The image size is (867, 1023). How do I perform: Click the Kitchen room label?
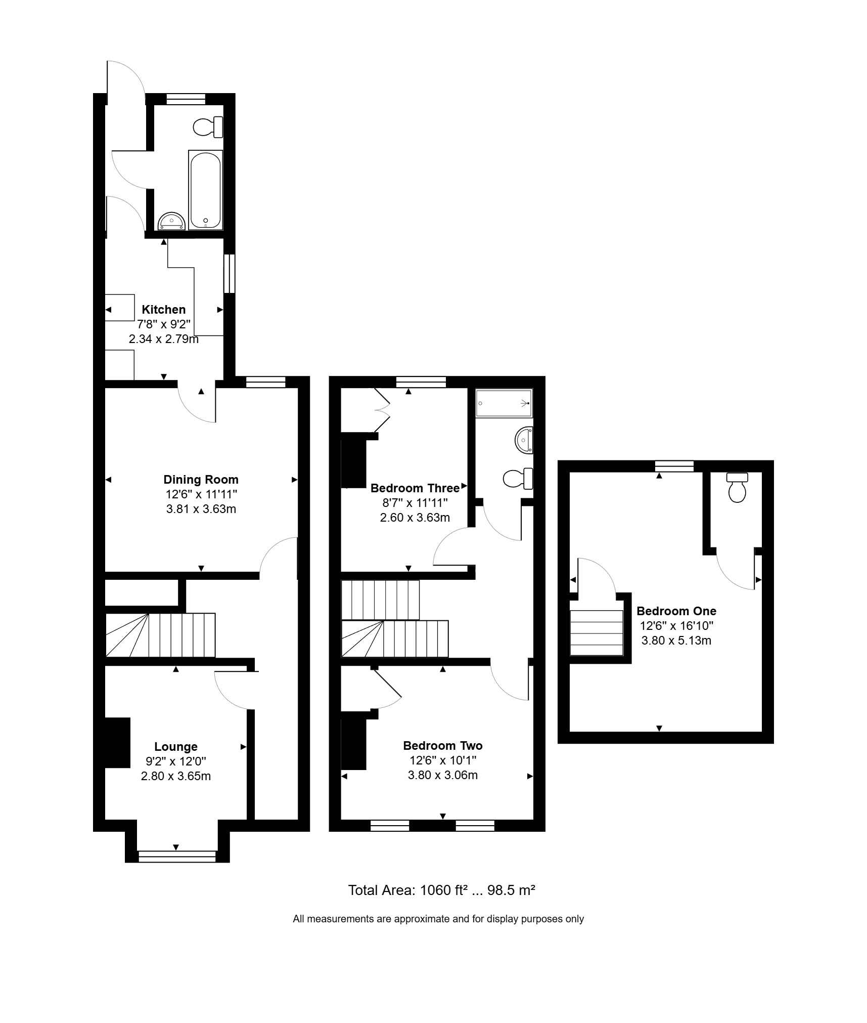pyautogui.click(x=163, y=309)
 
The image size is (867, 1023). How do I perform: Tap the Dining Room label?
pyautogui.click(x=201, y=479)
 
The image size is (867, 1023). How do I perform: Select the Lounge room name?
pyautogui.click(x=175, y=746)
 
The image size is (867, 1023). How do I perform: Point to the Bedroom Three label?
pyautogui.click(x=415, y=488)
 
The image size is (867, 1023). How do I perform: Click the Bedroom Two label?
pyautogui.click(x=443, y=745)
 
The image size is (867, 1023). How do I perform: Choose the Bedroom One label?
pyautogui.click(x=676, y=611)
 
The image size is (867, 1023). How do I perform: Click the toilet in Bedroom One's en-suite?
pyautogui.click(x=737, y=488)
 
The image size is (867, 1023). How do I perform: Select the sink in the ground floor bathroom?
pyautogui.click(x=172, y=222)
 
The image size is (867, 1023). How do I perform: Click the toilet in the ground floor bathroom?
pyautogui.click(x=208, y=126)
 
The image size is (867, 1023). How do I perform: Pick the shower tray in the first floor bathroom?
pyautogui.click(x=504, y=403)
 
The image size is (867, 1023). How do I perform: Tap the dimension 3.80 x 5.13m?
pyautogui.click(x=676, y=640)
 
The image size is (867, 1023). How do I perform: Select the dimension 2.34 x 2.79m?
pyautogui.click(x=163, y=338)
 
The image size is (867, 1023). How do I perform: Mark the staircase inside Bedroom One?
pyautogui.click(x=597, y=632)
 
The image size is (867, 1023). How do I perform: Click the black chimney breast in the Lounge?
pyautogui.click(x=117, y=743)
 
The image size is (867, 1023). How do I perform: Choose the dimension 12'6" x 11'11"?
pyautogui.click(x=201, y=494)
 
